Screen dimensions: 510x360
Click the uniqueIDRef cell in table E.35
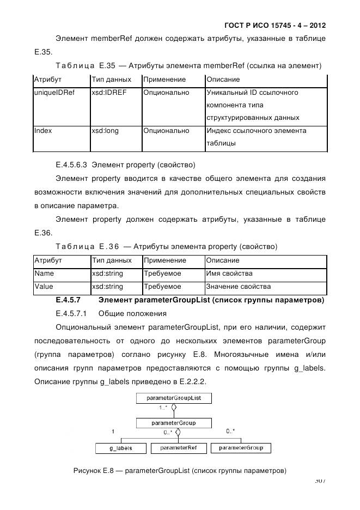pyautogui.click(x=47, y=93)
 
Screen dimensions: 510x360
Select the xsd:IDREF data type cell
pyautogui.click(x=109, y=93)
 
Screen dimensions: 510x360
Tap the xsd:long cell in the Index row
pyautogui.click(x=105, y=131)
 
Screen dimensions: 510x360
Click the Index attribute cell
pyautogui.click(x=43, y=131)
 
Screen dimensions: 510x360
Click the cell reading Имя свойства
pyautogui.click(x=229, y=274)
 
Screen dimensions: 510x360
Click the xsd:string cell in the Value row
pyautogui.click(x=107, y=287)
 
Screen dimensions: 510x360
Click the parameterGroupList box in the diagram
pyautogui.click(x=174, y=398)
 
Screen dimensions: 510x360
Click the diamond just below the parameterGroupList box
pyautogui.click(x=174, y=407)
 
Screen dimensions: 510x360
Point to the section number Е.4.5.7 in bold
pyautogui.click(x=68, y=300)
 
